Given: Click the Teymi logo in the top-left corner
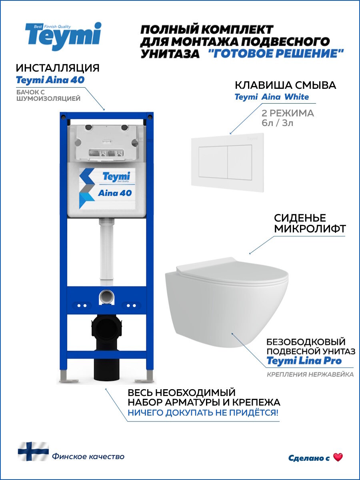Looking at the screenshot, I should [63, 36].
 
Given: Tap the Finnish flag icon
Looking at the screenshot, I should [33, 452].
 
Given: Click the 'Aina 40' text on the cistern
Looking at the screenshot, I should [114, 193].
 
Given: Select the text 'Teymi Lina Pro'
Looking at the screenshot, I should [304, 361].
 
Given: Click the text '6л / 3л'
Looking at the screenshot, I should [278, 123].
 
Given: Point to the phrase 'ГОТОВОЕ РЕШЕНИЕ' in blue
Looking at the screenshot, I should [276, 54].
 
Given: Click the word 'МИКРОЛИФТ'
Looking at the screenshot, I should [309, 229].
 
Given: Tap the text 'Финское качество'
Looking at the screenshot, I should [88, 456].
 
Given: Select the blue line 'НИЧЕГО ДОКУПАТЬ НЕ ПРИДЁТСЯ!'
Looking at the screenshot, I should [203, 413].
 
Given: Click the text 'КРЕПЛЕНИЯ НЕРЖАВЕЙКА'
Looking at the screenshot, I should [310, 375].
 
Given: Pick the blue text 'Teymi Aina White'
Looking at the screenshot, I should [271, 97].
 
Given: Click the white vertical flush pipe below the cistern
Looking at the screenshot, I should [106, 250].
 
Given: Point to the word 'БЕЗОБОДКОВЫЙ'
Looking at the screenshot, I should [306, 342].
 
